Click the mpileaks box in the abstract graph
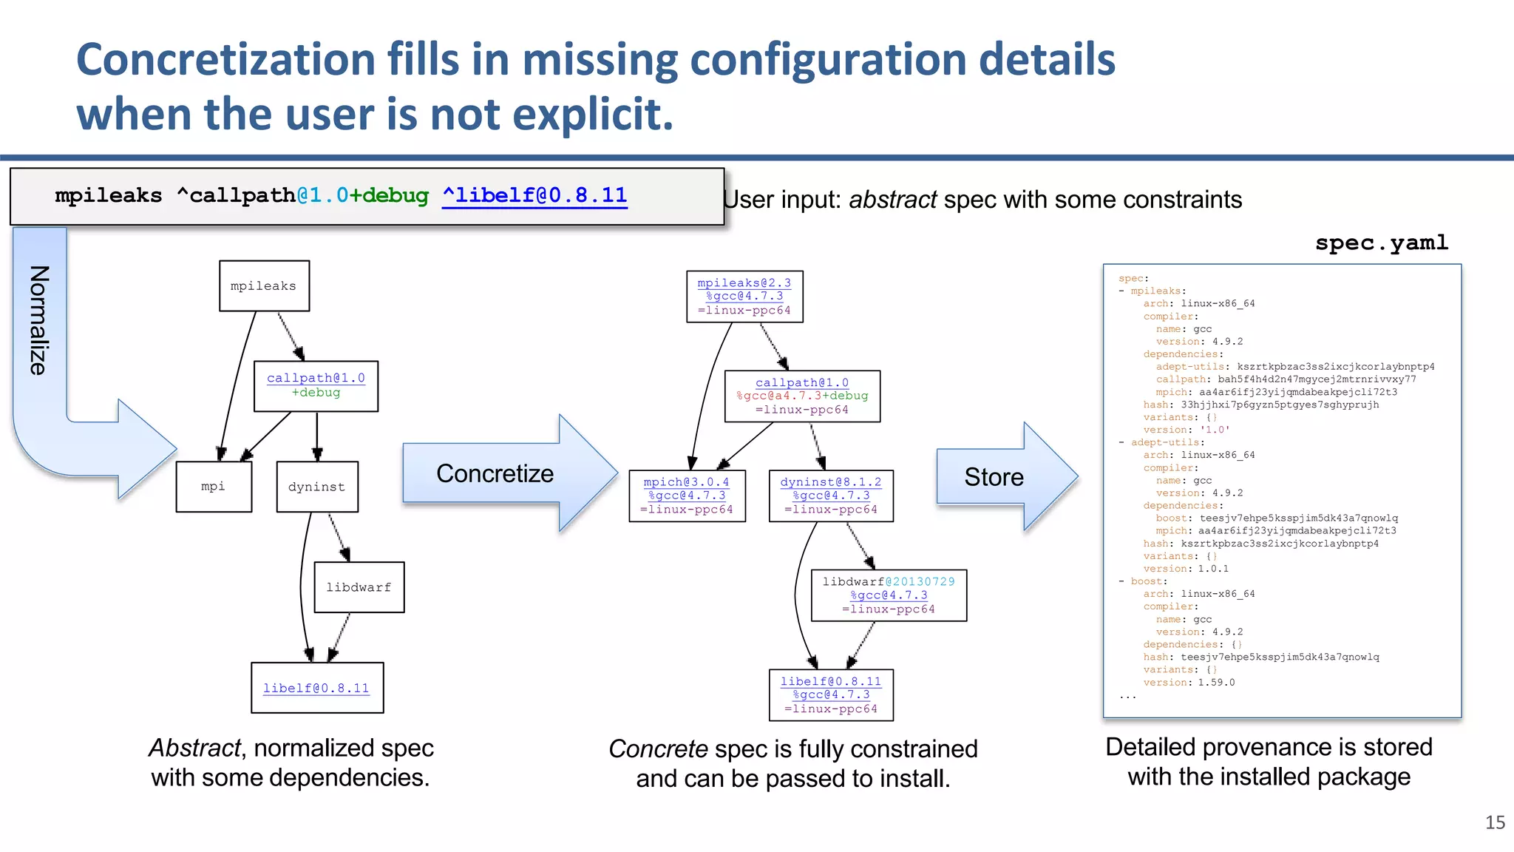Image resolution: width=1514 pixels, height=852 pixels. click(264, 286)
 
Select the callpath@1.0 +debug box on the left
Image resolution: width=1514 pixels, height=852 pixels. click(316, 386)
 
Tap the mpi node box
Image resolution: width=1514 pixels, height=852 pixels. click(214, 487)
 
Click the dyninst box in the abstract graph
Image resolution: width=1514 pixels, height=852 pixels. click(317, 487)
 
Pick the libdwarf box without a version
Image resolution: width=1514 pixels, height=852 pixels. click(359, 587)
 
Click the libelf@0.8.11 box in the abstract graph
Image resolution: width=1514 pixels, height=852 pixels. click(317, 688)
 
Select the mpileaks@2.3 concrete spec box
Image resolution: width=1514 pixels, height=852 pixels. click(744, 297)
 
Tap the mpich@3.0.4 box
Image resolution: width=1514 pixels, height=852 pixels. click(687, 496)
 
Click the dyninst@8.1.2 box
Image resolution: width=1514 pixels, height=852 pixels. click(831, 496)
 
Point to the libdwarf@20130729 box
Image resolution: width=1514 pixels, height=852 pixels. click(889, 595)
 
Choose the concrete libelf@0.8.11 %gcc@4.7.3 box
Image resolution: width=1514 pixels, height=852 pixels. click(831, 695)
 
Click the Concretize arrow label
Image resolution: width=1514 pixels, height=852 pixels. click(495, 473)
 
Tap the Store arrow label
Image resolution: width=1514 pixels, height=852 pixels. click(994, 477)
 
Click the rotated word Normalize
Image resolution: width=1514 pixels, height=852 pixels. click(38, 320)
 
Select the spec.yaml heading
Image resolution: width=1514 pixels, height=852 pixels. click(1381, 243)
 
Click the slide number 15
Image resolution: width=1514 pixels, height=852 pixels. click(1495, 822)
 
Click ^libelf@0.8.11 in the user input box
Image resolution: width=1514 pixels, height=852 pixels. click(534, 195)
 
